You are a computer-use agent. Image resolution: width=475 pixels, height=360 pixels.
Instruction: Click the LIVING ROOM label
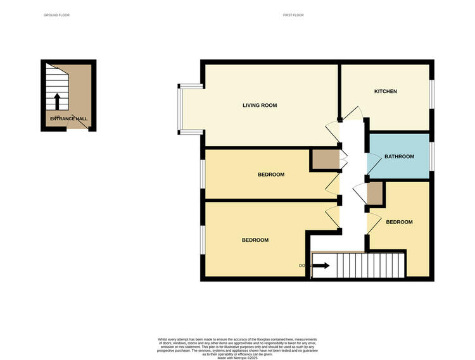tap(260, 105)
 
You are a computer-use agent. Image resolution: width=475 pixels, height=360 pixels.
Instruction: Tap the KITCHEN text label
tap(385, 92)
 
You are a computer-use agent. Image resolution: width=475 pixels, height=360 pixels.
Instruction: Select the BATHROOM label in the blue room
tap(399, 156)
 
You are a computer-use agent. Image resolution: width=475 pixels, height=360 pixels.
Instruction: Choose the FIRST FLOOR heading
tap(293, 15)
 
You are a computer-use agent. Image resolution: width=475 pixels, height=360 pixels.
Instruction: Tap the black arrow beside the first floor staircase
tap(321, 266)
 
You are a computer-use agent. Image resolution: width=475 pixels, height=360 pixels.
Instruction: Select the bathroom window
tap(433, 156)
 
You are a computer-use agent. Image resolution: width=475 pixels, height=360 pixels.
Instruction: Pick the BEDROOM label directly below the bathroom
tap(399, 222)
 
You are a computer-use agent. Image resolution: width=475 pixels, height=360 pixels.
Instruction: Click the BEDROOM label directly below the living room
tap(270, 175)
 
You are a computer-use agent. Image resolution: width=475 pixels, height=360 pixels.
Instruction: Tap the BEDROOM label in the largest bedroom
tap(255, 240)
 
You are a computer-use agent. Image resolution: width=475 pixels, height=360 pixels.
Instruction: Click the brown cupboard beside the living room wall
tap(323, 159)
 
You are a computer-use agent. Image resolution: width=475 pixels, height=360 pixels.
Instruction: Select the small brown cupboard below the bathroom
tap(375, 194)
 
